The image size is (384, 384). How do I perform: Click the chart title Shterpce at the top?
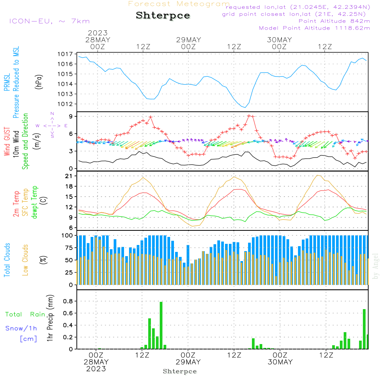click(163, 16)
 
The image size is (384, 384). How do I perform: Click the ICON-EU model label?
click(49, 21)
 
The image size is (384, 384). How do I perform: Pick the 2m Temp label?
click(17, 204)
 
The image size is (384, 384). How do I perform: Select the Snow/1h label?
click(21, 328)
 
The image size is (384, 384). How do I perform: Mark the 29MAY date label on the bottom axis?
click(189, 362)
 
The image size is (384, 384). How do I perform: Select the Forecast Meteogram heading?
click(179, 4)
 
